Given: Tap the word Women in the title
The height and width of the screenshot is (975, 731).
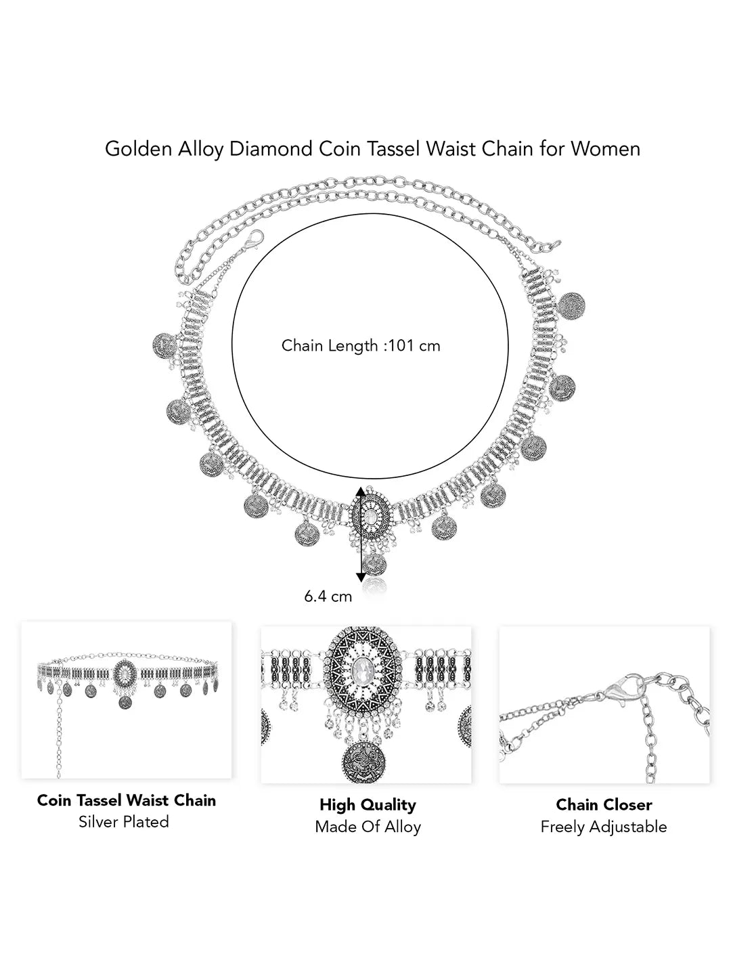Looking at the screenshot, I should coord(606,149).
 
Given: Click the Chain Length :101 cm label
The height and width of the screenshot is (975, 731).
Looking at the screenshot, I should coord(361,346).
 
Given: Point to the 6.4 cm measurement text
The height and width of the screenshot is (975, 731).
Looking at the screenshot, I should coord(328,597).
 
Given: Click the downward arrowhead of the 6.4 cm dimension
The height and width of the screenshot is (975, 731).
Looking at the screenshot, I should coord(361,576).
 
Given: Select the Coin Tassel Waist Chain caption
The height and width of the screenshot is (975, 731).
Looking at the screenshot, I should coord(127,800).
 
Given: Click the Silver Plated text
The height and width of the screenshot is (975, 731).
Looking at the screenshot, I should coord(124,822).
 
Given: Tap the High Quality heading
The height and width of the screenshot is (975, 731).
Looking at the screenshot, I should coord(368,805).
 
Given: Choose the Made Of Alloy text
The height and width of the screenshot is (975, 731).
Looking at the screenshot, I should coord(368,827).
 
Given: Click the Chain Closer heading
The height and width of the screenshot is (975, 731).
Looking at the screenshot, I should coord(604,805).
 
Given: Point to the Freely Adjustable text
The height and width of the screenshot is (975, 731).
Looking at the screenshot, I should coord(604,827).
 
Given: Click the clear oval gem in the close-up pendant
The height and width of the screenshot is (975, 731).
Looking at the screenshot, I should coord(369,674).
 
